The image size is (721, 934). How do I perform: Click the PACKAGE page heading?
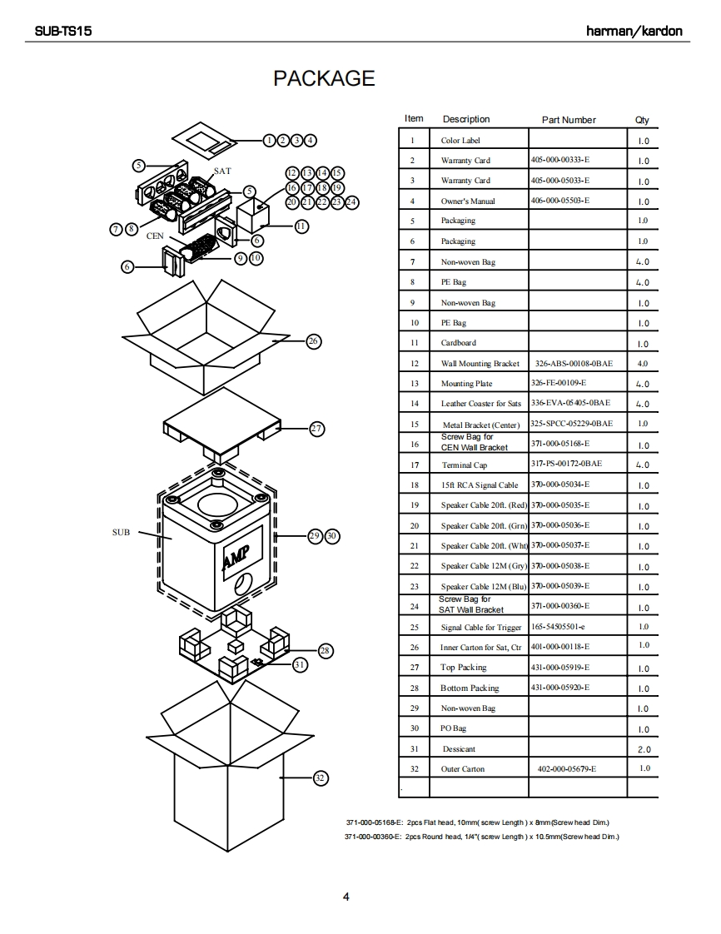click(324, 78)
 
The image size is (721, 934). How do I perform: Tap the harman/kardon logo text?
click(634, 31)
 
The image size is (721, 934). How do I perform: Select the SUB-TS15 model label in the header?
click(63, 31)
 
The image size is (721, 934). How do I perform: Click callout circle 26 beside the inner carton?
click(313, 340)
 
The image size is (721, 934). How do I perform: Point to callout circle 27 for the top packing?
click(316, 429)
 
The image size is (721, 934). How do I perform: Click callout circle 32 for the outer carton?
click(320, 778)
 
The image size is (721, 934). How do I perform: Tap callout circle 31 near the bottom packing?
click(299, 664)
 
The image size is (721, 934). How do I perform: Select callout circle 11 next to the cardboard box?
click(301, 226)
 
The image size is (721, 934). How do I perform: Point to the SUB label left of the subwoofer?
click(121, 532)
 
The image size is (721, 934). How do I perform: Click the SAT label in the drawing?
click(222, 171)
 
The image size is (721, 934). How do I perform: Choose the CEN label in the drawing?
click(156, 236)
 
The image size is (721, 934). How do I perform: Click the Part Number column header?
click(569, 120)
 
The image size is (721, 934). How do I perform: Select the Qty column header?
click(642, 120)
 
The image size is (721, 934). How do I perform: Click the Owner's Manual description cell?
click(467, 201)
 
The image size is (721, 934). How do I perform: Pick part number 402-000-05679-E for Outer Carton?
click(567, 769)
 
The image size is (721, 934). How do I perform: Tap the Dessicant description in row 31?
click(459, 749)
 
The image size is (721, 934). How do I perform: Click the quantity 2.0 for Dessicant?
click(644, 749)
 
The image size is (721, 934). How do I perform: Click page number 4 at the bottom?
click(346, 897)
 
